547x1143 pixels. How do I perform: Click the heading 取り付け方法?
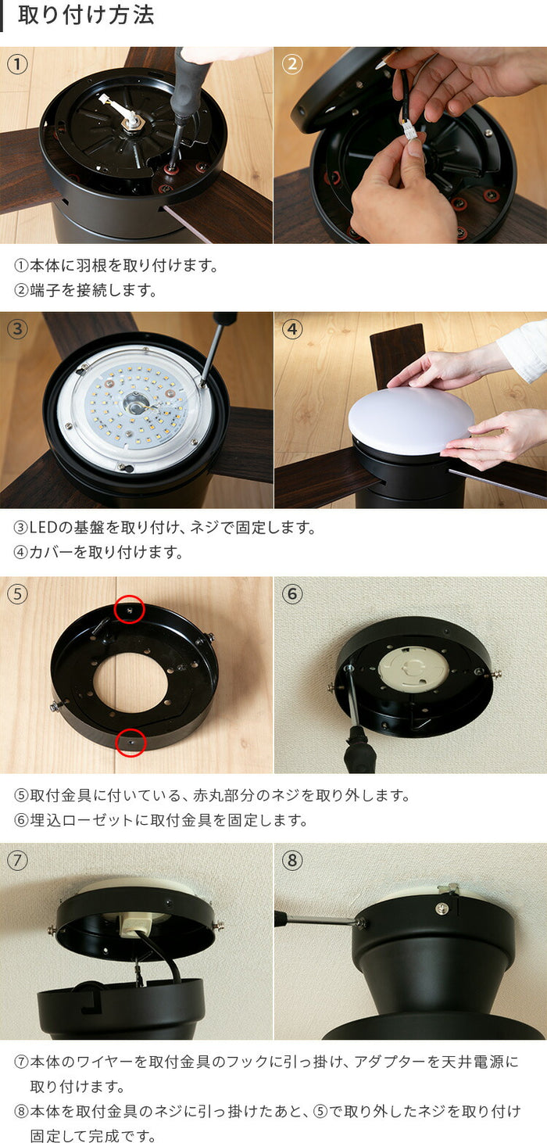86,16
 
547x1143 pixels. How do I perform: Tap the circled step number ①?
17,64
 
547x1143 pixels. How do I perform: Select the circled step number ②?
291,64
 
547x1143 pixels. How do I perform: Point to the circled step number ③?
17,329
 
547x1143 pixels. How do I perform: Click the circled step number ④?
291,329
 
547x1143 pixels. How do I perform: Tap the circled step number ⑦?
17,861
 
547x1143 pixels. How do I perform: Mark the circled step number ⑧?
291,861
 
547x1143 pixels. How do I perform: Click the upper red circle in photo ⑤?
130,609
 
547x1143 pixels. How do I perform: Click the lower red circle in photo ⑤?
130,742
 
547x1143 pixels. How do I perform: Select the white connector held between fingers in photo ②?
409,129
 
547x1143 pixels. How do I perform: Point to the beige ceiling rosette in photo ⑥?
413,669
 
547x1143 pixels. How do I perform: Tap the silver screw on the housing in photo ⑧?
442,907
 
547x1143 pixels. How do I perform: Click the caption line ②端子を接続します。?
86,291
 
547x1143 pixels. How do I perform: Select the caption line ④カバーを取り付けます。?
98,552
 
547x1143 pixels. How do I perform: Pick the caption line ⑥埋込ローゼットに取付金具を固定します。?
161,820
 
